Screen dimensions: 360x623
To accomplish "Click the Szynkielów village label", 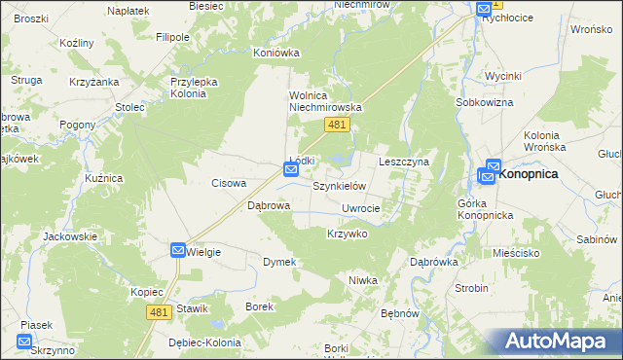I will tap(338, 185).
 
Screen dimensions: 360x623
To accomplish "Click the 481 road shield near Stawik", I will tap(162, 311).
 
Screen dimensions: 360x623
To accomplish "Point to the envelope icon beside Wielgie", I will tap(178, 251).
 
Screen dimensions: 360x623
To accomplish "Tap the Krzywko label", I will tap(347, 234).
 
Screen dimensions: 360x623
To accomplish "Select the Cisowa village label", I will tap(230, 183).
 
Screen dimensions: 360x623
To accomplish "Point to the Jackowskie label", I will tap(71, 236).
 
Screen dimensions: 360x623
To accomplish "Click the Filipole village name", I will tap(172, 37).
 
